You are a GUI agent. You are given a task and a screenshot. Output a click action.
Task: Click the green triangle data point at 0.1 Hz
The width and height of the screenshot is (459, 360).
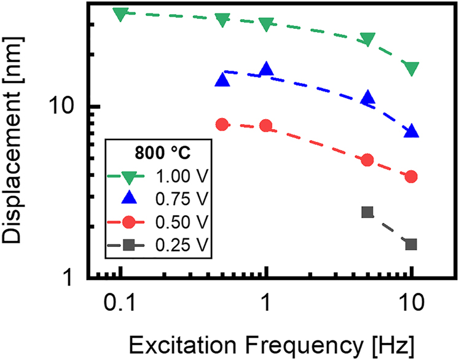click(121, 14)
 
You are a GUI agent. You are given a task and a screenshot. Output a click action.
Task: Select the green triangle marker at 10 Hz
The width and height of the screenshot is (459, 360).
click(412, 68)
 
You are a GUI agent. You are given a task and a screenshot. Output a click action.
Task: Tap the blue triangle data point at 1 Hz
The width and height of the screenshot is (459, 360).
click(266, 69)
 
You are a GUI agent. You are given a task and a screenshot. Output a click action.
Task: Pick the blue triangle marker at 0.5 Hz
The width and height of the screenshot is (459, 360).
click(222, 80)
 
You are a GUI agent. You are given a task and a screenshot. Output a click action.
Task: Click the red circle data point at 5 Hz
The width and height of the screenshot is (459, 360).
click(367, 160)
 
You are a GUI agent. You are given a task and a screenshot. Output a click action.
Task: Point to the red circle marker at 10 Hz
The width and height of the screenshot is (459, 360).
click(412, 176)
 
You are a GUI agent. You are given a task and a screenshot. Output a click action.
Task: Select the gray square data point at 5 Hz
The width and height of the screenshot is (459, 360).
click(367, 212)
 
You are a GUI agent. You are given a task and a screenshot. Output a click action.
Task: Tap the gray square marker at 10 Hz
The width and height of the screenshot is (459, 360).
click(412, 244)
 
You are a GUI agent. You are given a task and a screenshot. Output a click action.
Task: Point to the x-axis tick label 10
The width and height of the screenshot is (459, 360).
click(411, 302)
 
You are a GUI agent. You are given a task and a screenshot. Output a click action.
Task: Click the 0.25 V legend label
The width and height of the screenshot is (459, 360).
click(183, 245)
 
